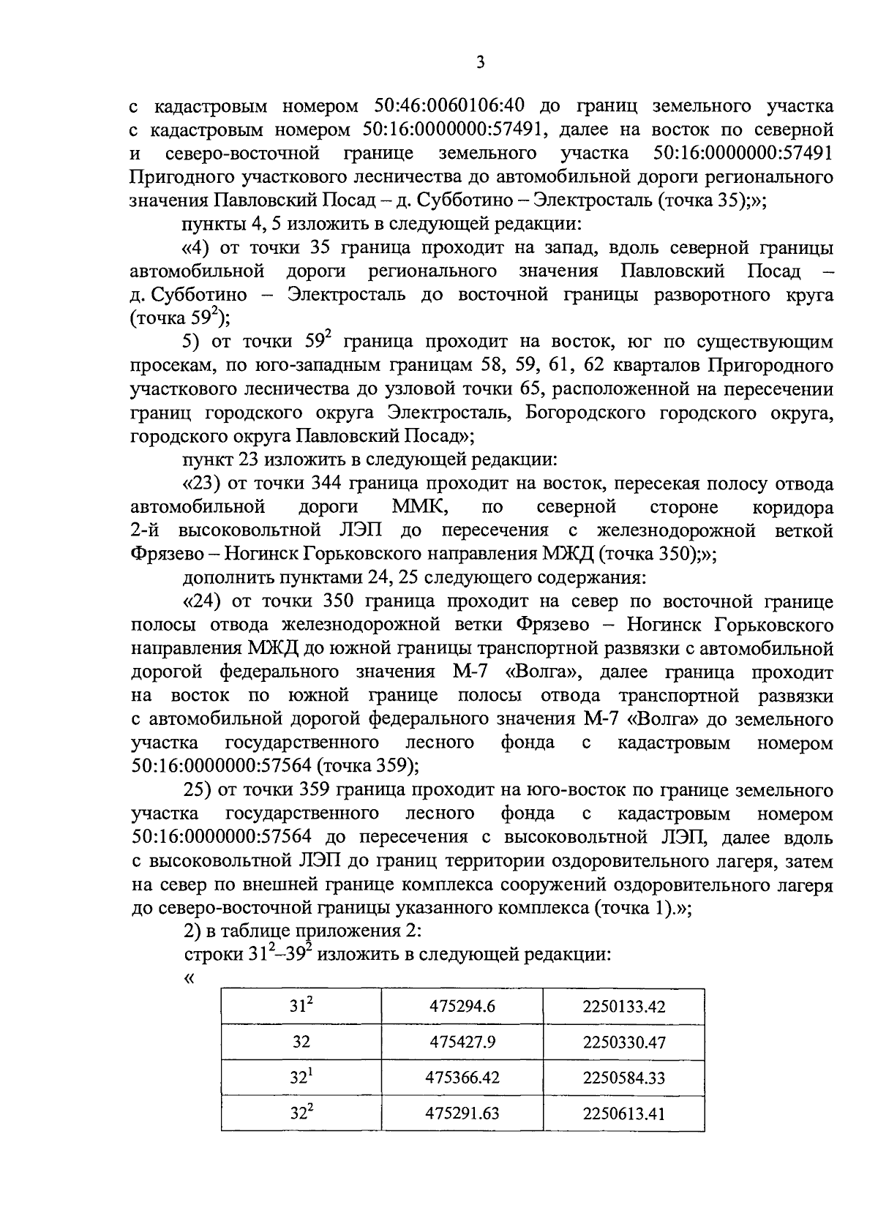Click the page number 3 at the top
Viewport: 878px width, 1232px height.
[480, 63]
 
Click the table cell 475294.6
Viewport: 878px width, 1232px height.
[462, 1007]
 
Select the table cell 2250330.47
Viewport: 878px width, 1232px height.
[624, 1043]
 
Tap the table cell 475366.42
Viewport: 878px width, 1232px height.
[462, 1078]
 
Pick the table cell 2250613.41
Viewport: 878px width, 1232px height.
[624, 1114]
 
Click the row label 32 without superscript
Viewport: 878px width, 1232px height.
[301, 1043]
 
